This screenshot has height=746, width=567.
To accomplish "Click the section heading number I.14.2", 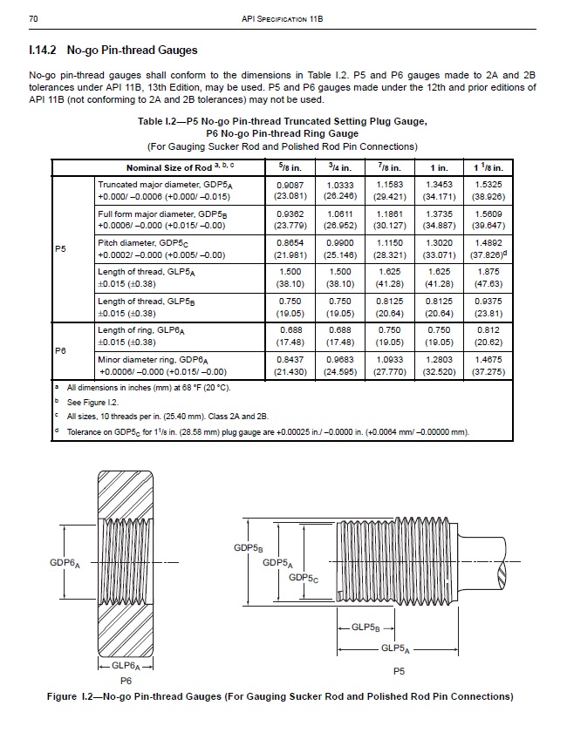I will point(45,51).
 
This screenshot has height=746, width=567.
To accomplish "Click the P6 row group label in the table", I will point(60,349).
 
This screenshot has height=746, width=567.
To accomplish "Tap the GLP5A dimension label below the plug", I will point(396,648).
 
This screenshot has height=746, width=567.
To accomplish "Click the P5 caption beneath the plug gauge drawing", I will point(399,671).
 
